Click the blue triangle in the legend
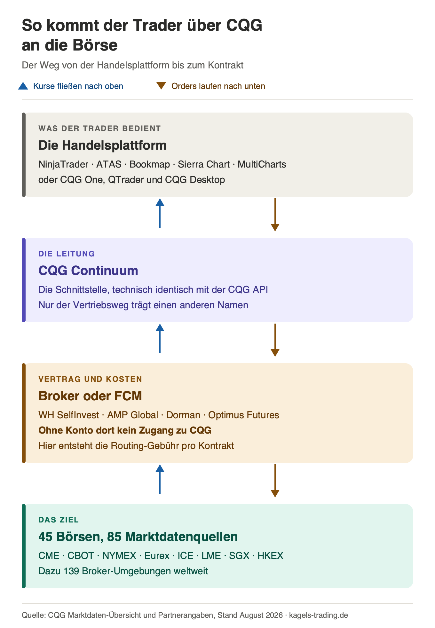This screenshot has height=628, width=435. point(23,86)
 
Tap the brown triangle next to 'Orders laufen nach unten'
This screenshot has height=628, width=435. point(161,86)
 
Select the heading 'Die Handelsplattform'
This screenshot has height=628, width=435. point(102,145)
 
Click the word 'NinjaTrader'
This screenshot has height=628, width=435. point(63,164)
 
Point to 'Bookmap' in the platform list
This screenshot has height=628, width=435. point(150,164)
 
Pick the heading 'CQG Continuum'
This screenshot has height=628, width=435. point(88,271)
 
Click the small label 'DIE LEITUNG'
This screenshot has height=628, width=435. point(67,254)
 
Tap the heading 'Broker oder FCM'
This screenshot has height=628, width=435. point(90,396)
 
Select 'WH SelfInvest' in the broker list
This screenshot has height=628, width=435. point(69,415)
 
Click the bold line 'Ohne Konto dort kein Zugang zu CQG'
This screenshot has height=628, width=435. point(125,430)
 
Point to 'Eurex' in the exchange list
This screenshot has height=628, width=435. point(157,556)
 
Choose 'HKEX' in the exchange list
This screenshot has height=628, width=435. point(271,556)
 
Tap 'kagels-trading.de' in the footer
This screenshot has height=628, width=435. point(319,615)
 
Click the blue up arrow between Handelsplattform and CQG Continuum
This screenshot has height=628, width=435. point(160,213)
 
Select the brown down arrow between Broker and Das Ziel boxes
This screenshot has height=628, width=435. point(275,481)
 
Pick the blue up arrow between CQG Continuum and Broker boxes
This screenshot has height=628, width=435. point(160,338)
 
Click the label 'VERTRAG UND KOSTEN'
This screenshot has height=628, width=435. point(90,379)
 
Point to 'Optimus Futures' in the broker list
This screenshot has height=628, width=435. point(244,415)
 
